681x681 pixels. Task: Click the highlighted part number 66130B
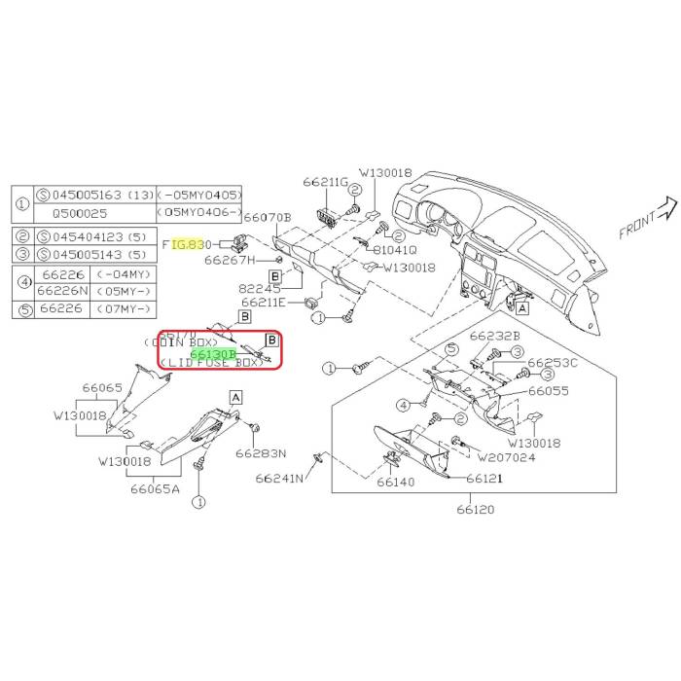tap(214, 354)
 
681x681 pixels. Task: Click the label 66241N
tap(280, 479)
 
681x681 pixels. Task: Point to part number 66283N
tap(264, 453)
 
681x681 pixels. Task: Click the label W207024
tap(508, 457)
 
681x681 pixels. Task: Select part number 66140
tap(396, 482)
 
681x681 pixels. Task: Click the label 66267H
tap(229, 260)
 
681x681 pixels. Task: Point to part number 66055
tap(549, 390)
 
